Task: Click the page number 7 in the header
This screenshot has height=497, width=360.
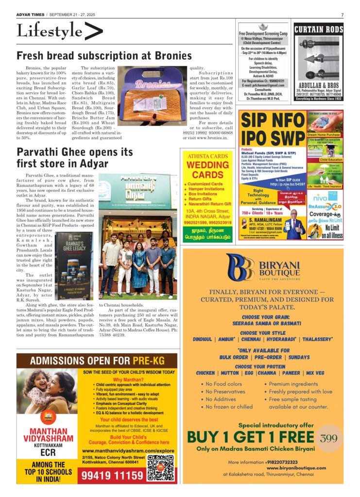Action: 342,15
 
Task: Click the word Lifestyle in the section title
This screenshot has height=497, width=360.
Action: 49,31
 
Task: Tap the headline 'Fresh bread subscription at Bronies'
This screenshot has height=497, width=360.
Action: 104,56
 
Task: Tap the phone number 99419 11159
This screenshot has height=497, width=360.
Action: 113,475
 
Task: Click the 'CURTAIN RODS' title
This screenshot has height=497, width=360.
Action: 318,30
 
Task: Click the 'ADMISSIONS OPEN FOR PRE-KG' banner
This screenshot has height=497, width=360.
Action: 97,361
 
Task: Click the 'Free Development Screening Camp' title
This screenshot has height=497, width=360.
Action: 264,35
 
